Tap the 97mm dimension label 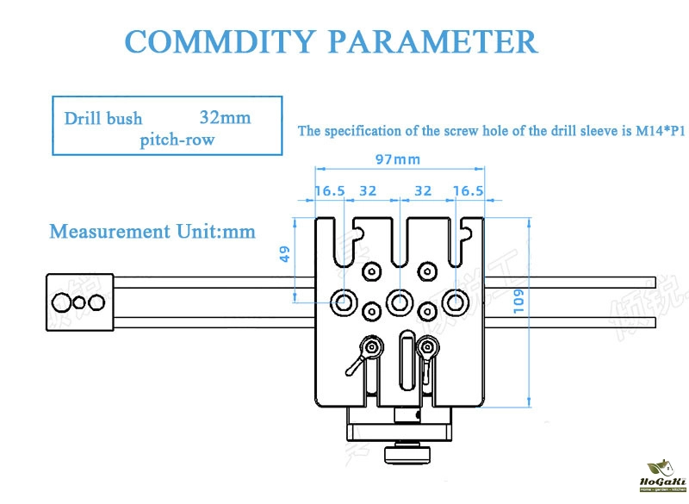point(398,159)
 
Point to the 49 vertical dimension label point(285,254)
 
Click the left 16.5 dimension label point(330,191)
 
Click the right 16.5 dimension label point(468,191)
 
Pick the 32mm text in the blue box point(226,116)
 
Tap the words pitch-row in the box point(177,139)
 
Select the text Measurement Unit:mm point(152,231)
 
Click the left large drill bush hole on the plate point(344,302)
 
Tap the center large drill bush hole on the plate point(398,302)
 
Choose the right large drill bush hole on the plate point(455,302)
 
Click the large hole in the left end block point(63,302)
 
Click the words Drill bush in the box point(103,118)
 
